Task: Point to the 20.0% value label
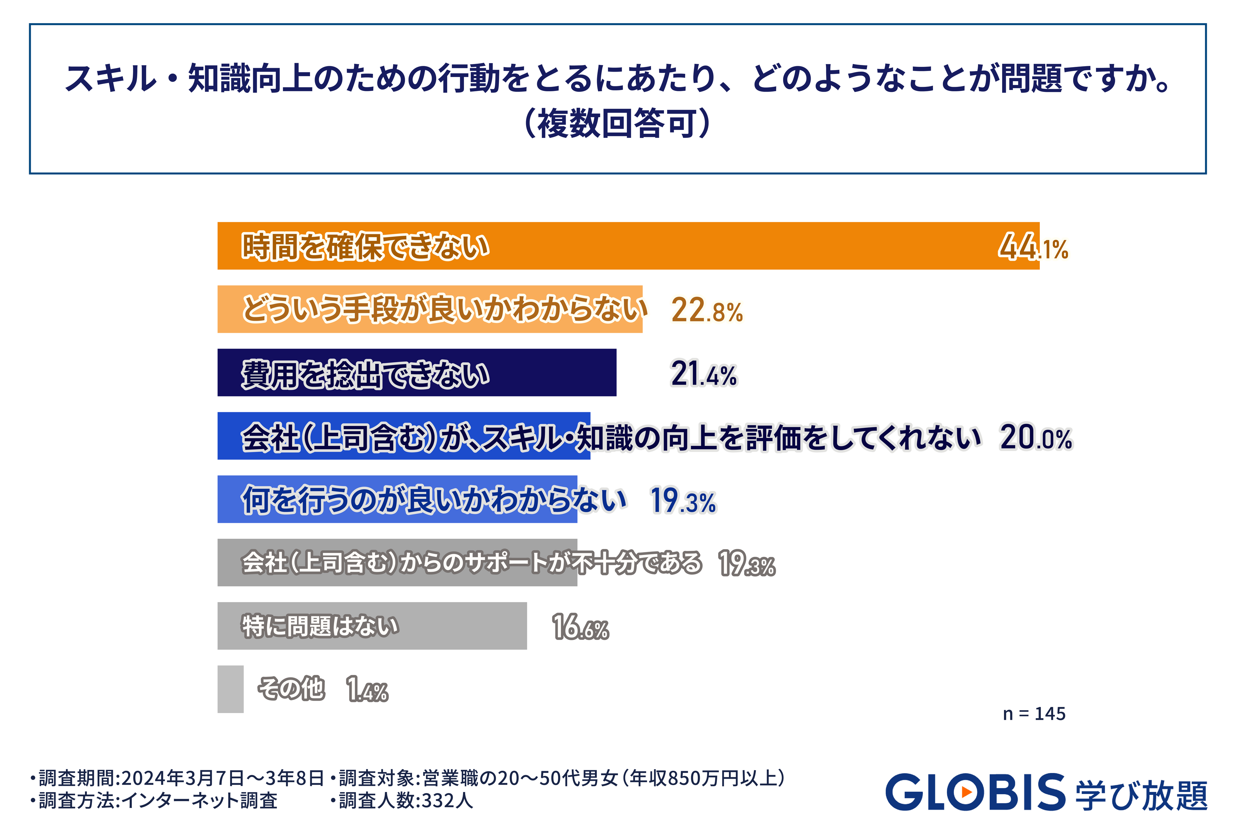click(x=1035, y=437)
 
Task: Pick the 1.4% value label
click(x=367, y=690)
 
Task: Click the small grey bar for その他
click(x=230, y=689)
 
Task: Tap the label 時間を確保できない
click(x=365, y=247)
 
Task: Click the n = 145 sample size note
click(x=1034, y=714)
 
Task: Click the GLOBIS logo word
click(x=975, y=792)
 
